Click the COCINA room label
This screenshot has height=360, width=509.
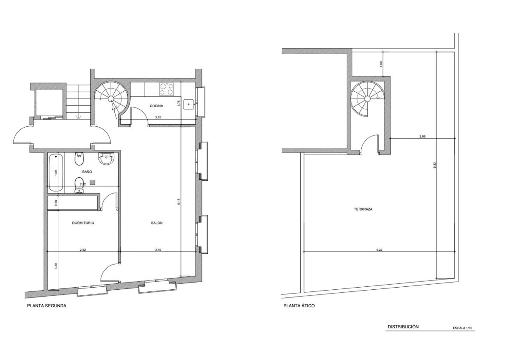click(x=156, y=106)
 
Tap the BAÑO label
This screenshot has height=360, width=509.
click(x=87, y=172)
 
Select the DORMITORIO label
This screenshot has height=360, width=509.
click(x=83, y=223)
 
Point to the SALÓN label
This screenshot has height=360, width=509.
click(x=157, y=223)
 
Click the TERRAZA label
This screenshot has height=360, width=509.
click(x=363, y=209)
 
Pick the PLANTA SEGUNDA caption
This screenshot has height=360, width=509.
click(x=47, y=306)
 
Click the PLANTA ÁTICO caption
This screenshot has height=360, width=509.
click(x=299, y=306)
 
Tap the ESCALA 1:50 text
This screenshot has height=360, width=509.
click(x=463, y=328)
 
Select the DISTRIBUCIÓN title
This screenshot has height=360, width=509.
click(x=403, y=327)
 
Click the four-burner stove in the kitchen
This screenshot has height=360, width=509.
click(x=167, y=89)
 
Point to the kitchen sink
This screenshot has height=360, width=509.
click(x=189, y=104)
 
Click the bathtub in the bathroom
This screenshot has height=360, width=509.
click(x=56, y=173)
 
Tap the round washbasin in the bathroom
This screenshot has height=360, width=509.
click(x=106, y=158)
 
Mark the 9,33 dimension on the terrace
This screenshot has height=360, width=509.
click(x=435, y=165)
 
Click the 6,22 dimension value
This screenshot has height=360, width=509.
click(x=379, y=250)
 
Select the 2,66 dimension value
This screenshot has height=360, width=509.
click(x=422, y=137)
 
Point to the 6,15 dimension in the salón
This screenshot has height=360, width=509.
click(x=179, y=202)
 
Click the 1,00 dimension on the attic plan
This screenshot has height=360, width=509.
click(x=381, y=64)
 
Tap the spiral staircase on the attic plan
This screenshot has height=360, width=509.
click(x=367, y=99)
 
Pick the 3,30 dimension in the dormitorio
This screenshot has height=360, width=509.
click(x=56, y=266)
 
